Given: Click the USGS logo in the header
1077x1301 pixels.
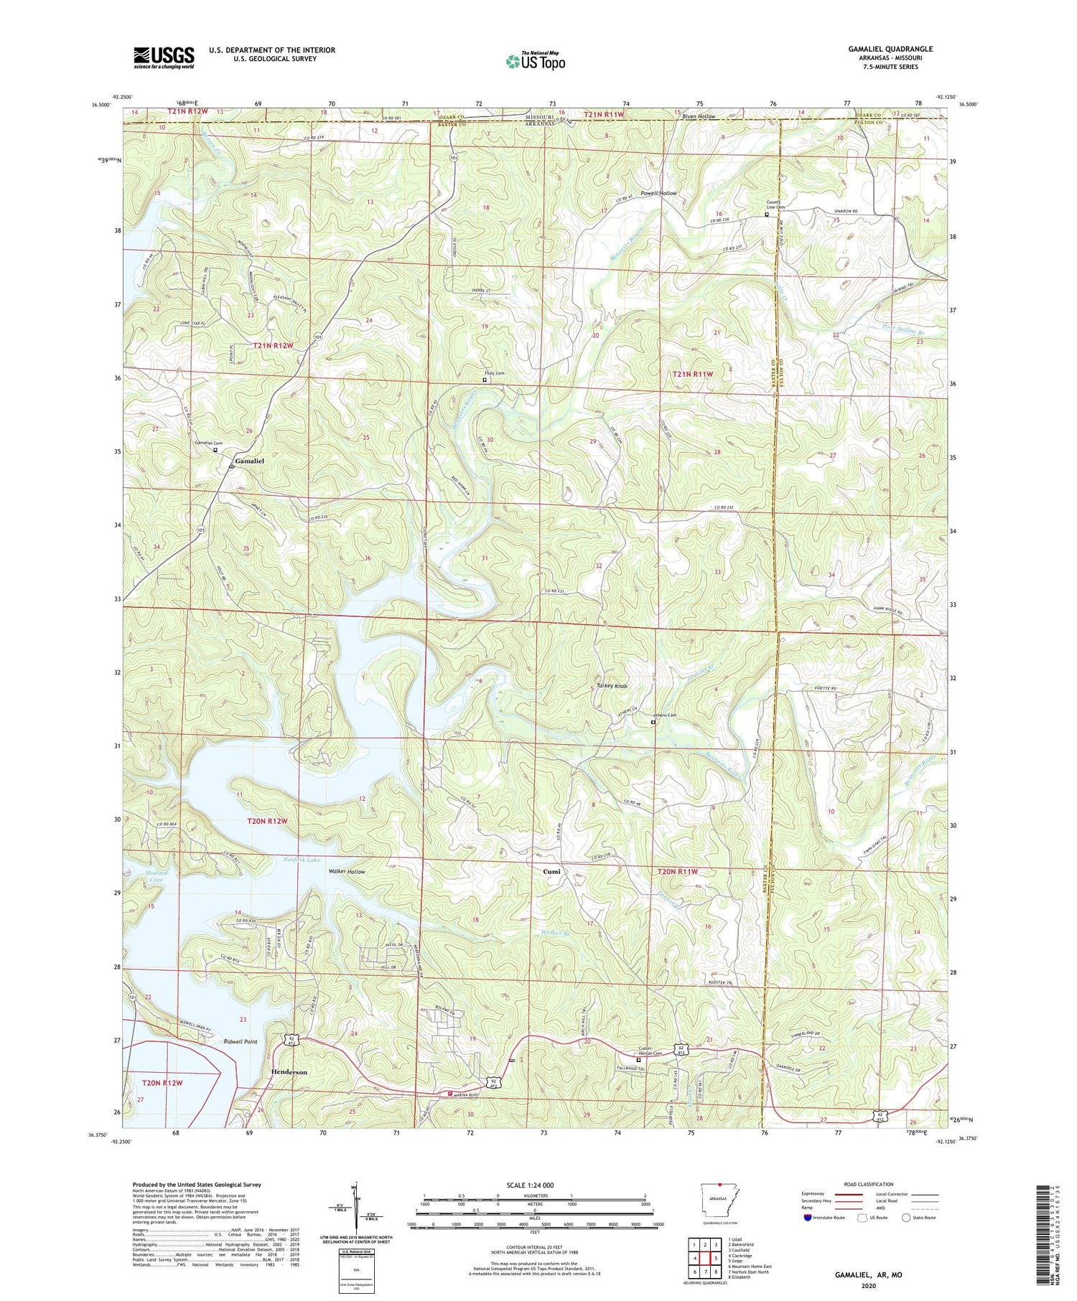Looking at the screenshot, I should coord(164,57).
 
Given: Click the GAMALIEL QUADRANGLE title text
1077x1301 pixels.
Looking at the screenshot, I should coord(890,49).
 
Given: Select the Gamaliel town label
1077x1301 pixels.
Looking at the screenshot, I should coord(249,461).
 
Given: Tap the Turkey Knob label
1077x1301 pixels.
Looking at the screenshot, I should coord(612,686).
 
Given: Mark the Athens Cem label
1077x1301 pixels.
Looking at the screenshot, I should coord(663,715).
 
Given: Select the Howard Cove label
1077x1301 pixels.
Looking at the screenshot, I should coord(156,876).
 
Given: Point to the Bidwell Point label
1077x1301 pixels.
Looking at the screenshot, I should coord(240,1041).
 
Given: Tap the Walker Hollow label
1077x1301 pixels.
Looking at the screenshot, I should coord(347,872).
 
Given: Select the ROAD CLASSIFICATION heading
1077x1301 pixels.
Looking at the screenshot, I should coord(869,1184).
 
